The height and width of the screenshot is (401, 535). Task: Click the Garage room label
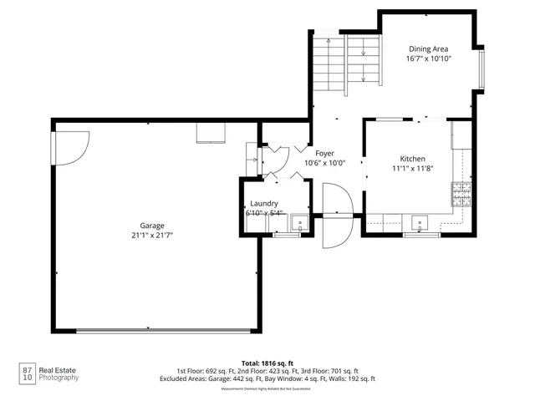click(x=151, y=226)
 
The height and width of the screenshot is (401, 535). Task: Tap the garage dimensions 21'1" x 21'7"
click(x=151, y=236)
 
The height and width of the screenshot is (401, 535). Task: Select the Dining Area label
click(x=429, y=48)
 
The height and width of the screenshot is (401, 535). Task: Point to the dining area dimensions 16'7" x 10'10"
click(x=429, y=59)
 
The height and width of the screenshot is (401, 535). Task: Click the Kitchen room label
click(x=412, y=159)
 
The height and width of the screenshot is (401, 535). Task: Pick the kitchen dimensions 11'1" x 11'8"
click(x=412, y=169)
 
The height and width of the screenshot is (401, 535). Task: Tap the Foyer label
click(x=324, y=154)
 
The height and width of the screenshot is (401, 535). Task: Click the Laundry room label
click(x=264, y=204)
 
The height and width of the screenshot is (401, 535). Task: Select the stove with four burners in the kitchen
click(x=461, y=195)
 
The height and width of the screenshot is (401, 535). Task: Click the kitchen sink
click(x=420, y=222)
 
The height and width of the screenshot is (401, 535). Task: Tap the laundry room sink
click(x=298, y=223)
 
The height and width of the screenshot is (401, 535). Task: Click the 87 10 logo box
click(x=28, y=373)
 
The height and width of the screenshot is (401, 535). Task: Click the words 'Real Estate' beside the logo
click(x=59, y=368)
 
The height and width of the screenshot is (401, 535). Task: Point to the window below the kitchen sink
click(x=422, y=236)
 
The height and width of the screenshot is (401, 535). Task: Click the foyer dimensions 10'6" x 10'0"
click(x=324, y=164)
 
